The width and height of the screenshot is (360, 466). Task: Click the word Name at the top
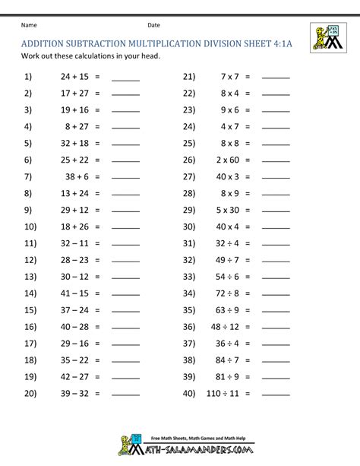(29, 25)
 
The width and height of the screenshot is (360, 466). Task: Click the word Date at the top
(154, 25)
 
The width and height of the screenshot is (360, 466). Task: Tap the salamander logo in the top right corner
(327, 37)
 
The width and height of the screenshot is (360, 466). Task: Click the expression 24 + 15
(74, 77)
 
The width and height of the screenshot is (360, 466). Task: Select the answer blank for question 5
(125, 144)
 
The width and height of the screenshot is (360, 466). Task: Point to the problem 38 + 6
(77, 176)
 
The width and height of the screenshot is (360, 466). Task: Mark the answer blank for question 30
(276, 228)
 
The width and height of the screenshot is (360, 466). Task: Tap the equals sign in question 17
(97, 343)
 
